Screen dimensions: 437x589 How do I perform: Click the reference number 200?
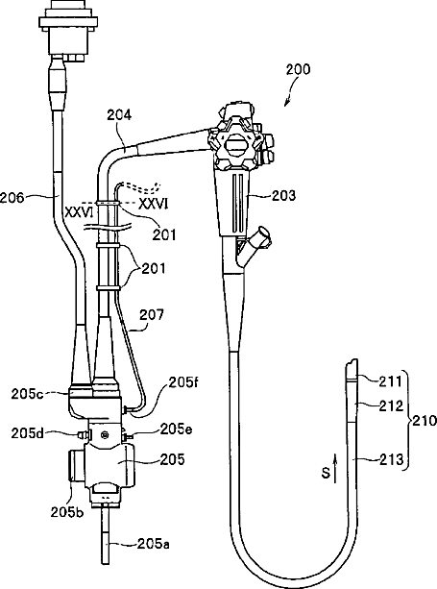pyautogui.click(x=298, y=69)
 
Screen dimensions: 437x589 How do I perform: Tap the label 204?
pyautogui.click(x=119, y=114)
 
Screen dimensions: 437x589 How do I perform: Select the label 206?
pyautogui.click(x=12, y=198)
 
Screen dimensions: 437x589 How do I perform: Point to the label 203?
pyautogui.click(x=283, y=195)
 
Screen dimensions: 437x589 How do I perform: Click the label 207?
pyautogui.click(x=152, y=315)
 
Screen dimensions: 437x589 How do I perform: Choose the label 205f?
pyautogui.click(x=182, y=382)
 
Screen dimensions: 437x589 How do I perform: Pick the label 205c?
pyautogui.click(x=26, y=394)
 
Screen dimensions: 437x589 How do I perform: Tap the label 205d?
pyautogui.click(x=26, y=433)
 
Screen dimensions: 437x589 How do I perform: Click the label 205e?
pyautogui.click(x=176, y=429)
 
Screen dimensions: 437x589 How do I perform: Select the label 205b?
pyautogui.click(x=67, y=512)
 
